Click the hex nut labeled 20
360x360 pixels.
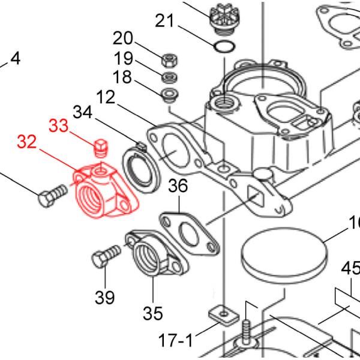pyautogui.click(x=169, y=59)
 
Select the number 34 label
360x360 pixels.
pyautogui.click(x=84, y=112)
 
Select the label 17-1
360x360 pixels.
pyautogui.click(x=172, y=341)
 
